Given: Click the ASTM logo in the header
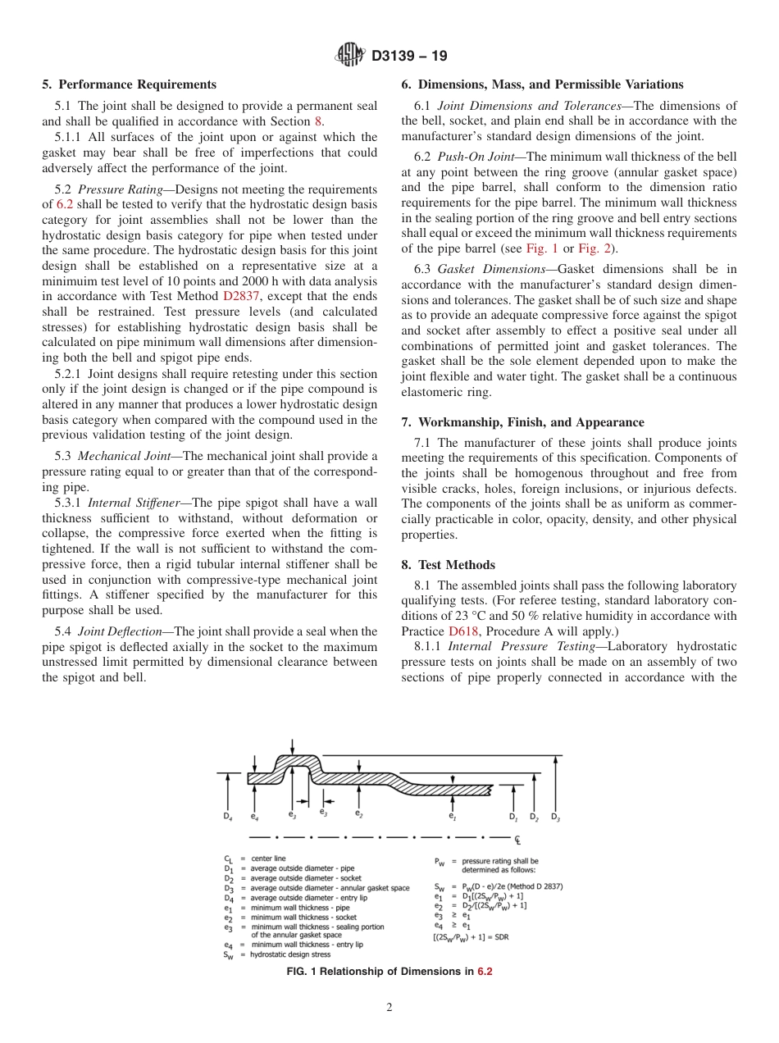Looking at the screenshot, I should pos(350,56).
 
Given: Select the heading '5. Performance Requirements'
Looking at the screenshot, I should pos(130,84).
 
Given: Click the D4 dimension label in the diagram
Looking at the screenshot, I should pos(226,817).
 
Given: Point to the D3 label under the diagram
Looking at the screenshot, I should pos(555,817).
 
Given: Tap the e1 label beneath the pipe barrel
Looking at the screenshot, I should pos(452,816).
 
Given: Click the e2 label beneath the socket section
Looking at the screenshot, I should pos(358,813).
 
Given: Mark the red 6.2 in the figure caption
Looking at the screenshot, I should pos(485,972).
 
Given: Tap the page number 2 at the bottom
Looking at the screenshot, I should pos(389,1008).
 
